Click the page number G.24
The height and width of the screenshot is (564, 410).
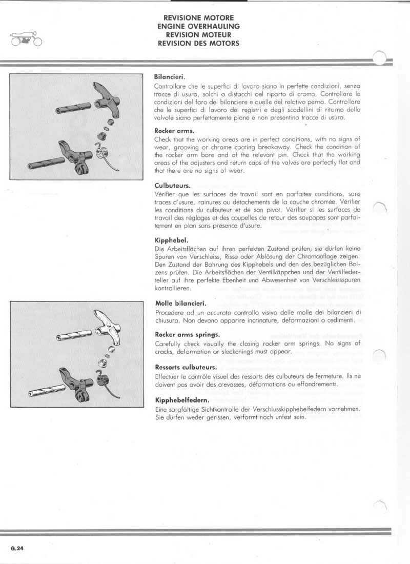point(17,548)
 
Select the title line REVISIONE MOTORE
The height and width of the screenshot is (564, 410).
point(199,18)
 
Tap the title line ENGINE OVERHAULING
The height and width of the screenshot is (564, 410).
point(199,27)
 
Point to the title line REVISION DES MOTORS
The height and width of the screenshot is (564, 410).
point(199,43)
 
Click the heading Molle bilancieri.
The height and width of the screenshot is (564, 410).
point(180,303)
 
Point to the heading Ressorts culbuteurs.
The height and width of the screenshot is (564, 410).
point(186,367)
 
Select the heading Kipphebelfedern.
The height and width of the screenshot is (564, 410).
point(180,400)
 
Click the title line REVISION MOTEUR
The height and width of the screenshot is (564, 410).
point(199,35)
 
